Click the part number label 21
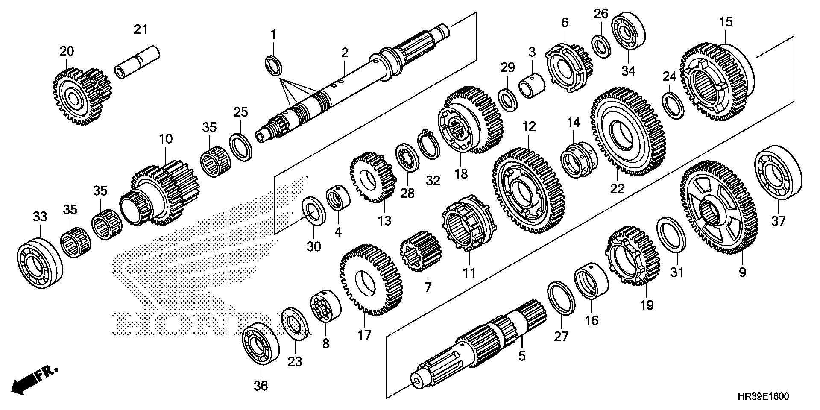(x=140, y=30)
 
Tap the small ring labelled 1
(x=274, y=66)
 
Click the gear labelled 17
(x=371, y=280)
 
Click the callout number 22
(x=617, y=188)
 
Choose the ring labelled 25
(x=241, y=147)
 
